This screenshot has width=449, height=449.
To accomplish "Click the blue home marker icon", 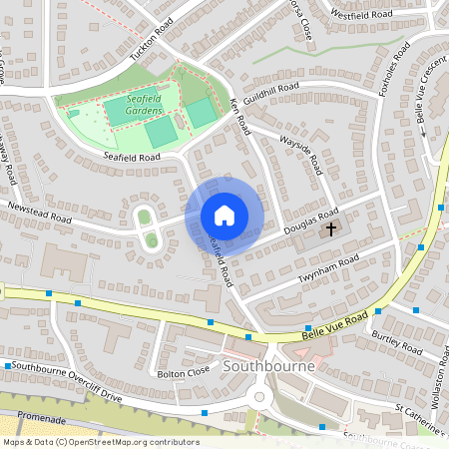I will [x=224, y=216].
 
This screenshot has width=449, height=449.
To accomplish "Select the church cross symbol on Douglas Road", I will [x=331, y=229].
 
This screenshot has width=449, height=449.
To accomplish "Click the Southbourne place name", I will [x=269, y=366].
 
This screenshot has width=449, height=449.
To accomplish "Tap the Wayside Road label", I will [x=300, y=151].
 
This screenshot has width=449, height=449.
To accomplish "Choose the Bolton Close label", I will [x=184, y=372].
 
